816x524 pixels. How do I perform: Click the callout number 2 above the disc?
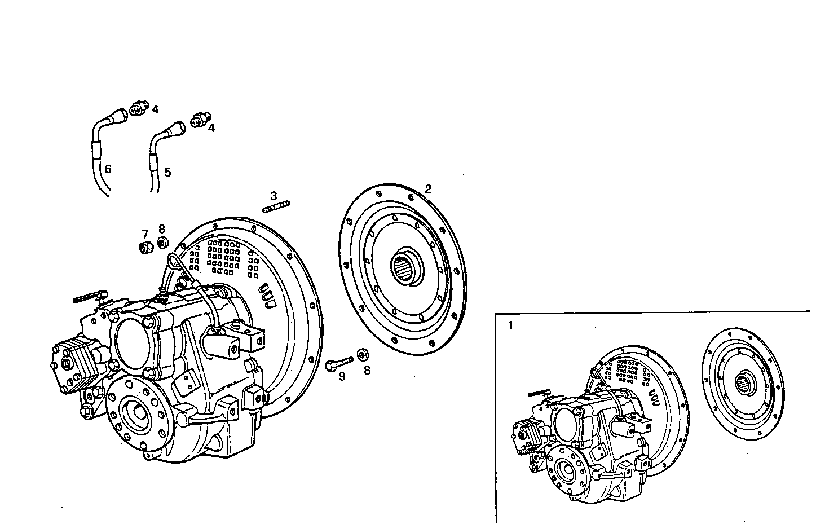[x=428, y=190]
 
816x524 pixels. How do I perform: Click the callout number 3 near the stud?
[x=274, y=196]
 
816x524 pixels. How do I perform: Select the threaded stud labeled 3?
[x=276, y=206]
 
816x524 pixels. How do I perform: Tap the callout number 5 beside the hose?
[x=167, y=172]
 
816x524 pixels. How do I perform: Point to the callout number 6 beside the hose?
[x=108, y=169]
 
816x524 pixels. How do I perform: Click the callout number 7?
[x=145, y=234]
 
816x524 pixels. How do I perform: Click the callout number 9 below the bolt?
[x=342, y=376]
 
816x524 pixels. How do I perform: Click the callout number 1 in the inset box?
[x=511, y=325]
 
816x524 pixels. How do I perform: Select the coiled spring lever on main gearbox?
[x=89, y=297]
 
